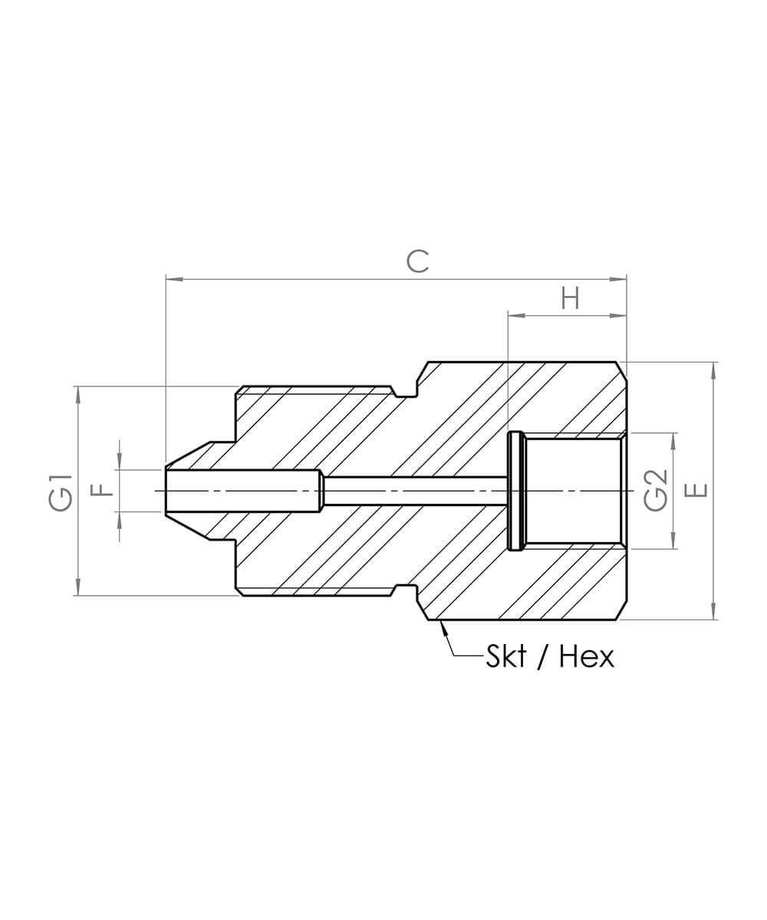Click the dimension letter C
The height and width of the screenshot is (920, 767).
tap(417, 261)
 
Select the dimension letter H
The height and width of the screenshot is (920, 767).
tap(570, 299)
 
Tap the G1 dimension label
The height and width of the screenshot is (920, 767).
tap(61, 493)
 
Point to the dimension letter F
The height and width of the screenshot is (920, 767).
tap(105, 490)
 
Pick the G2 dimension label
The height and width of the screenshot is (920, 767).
tap(656, 491)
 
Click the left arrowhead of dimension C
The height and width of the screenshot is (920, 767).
tap(174, 279)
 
